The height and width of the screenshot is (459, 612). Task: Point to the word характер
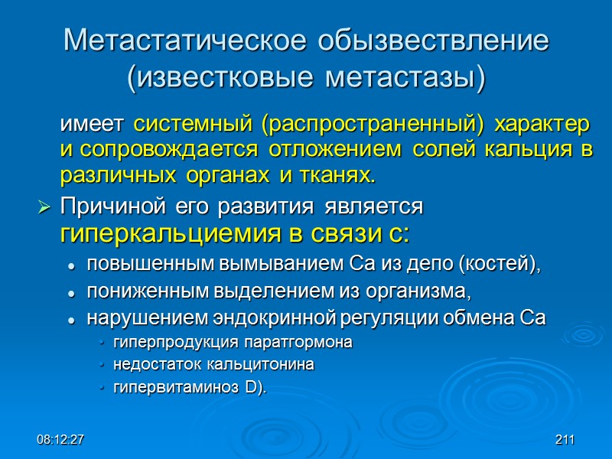pos(542,124)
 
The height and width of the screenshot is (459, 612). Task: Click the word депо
pos(433,265)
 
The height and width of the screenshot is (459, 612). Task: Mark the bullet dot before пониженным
pos(70,293)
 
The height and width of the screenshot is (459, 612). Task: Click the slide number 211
pos(565,440)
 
